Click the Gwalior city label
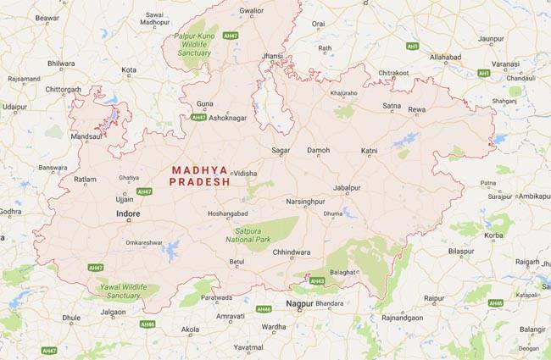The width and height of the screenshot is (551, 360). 252,11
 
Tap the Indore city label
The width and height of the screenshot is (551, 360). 128,214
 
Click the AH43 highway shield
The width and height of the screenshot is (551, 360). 318,280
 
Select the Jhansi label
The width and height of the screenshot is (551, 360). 273,56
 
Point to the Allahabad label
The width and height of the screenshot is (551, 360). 445,57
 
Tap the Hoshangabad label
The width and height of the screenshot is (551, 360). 228,213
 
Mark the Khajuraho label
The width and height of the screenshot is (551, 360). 343,92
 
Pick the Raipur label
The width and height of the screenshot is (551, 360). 434,298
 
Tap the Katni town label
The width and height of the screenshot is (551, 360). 369,150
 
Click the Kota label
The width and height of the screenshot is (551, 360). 129,69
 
